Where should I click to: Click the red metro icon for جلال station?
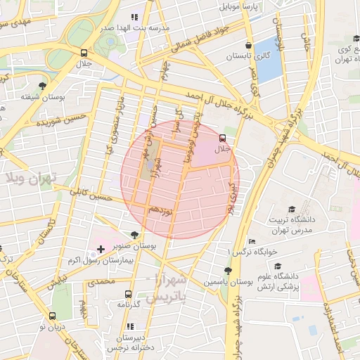(x=223, y=138)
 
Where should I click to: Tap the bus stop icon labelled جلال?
(x=84, y=53)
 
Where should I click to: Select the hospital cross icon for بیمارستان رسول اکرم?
(x=101, y=249)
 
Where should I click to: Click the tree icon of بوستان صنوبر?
(x=135, y=235)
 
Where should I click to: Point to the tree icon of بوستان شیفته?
(x=44, y=85)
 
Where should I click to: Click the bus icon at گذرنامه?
(x=128, y=294)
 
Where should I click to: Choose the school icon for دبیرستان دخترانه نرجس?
(x=131, y=327)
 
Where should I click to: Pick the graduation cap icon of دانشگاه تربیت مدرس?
(x=291, y=209)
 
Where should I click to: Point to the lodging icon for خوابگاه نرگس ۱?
(x=252, y=240)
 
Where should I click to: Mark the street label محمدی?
(x=100, y=282)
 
